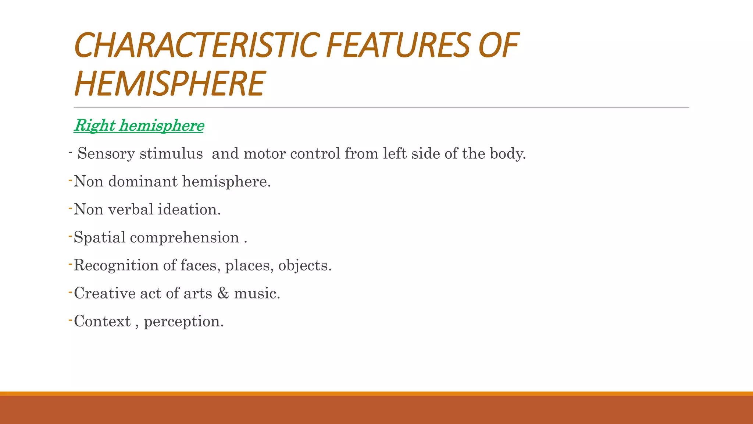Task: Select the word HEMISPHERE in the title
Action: (x=169, y=84)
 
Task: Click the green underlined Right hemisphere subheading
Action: (x=139, y=126)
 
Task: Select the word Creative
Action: (x=105, y=293)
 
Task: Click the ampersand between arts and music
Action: (x=223, y=293)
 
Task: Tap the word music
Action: (x=256, y=293)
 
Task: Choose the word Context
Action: (x=102, y=321)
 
